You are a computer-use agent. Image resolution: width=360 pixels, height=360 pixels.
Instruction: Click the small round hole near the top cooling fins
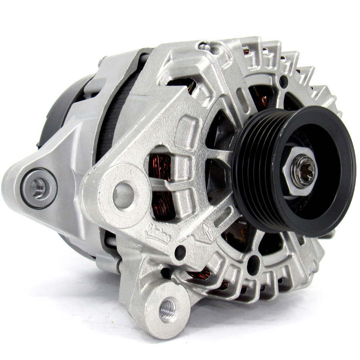284,82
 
